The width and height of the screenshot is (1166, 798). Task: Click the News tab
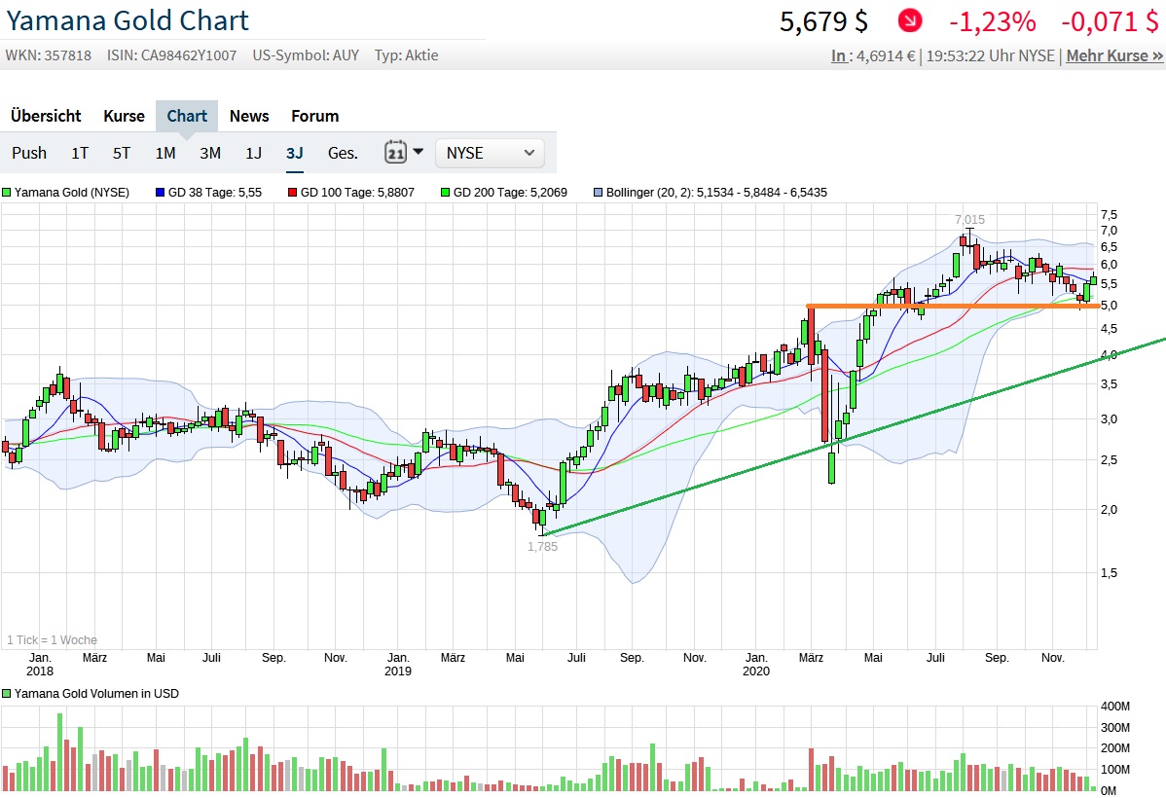coord(249,116)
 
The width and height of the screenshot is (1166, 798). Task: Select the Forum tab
coord(315,116)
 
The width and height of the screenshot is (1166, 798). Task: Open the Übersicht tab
coord(46,116)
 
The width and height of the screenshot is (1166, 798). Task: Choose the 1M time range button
coord(165,153)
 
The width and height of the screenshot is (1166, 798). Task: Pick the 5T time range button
coord(122,153)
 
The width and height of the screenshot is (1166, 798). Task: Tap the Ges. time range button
coord(343,153)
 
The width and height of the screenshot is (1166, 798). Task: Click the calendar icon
coord(396,153)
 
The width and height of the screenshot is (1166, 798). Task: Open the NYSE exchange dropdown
coord(491,153)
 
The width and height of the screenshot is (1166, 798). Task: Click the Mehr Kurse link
coord(1114,55)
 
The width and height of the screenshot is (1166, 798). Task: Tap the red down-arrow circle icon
coord(910,20)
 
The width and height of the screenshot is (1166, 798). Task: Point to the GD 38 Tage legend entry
coord(208,193)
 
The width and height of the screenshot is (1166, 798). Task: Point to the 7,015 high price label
coord(968,220)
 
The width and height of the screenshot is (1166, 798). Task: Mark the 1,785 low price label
coord(542,546)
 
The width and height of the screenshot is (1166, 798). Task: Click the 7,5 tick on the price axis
coord(1109,214)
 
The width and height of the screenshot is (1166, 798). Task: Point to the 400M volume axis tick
coord(1115,706)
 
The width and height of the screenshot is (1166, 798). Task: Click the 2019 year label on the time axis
coord(397,671)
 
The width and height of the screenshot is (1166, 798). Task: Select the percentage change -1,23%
coord(993,21)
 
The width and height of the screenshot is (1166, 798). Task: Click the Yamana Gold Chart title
coord(128,20)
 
